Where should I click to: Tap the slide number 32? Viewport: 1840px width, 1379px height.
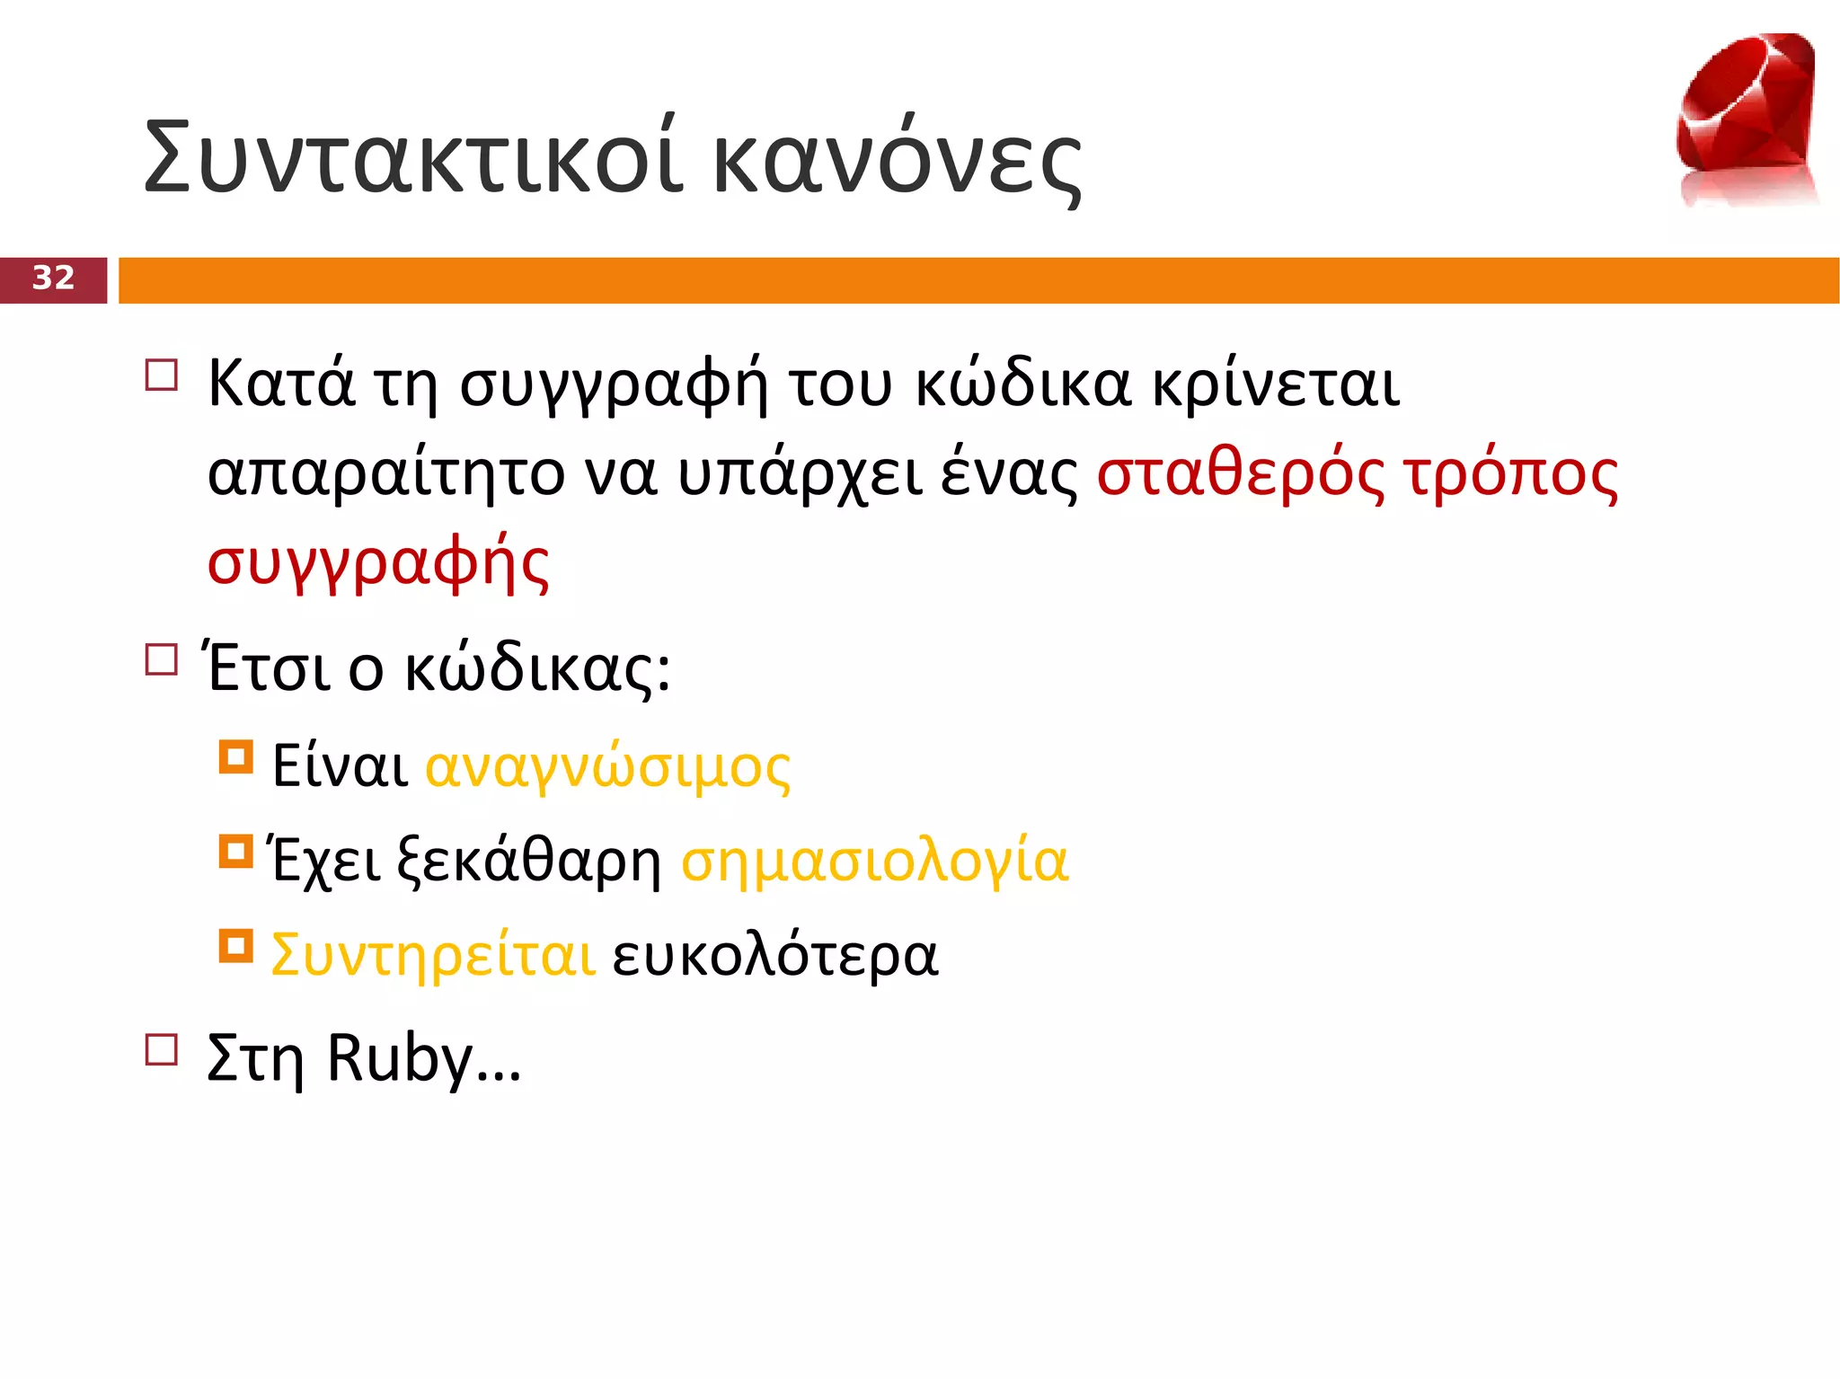coord(53,278)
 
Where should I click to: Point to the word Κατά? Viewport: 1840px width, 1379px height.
coord(281,384)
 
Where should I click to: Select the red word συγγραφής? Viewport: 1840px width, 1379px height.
coord(378,564)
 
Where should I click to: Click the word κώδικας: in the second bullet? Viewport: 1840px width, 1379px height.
coord(537,669)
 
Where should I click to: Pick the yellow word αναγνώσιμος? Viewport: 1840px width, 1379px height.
coord(607,768)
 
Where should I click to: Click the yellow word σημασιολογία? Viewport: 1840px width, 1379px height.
coord(875,862)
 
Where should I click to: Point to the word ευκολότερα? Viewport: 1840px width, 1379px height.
coord(775,955)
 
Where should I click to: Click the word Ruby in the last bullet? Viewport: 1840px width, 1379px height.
coord(400,1060)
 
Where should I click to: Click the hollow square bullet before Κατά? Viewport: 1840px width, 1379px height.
coord(162,375)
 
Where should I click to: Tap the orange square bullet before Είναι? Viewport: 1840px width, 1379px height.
coord(236,756)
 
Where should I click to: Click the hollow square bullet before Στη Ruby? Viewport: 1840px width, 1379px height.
coord(162,1048)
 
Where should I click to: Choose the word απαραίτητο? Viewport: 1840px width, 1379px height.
coord(386,474)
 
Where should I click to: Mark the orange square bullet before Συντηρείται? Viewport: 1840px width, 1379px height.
coord(236,945)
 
